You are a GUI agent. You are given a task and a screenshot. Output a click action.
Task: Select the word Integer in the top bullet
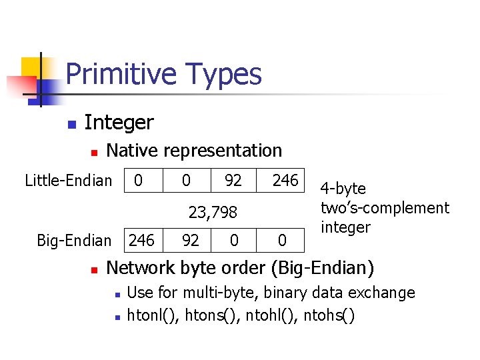tap(119, 123)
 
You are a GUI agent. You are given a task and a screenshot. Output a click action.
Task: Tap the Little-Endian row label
tap(68, 180)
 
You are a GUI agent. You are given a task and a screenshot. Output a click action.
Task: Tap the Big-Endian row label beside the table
tap(74, 240)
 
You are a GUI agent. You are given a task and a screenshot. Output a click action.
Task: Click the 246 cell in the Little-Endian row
tap(285, 180)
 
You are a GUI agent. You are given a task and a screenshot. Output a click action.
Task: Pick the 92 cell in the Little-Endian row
tap(233, 180)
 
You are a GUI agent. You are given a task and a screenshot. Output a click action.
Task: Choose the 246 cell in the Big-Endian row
tap(141, 240)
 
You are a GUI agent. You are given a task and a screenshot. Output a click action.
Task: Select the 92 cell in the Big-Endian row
tap(191, 240)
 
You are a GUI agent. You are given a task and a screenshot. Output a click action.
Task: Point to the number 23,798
tap(213, 213)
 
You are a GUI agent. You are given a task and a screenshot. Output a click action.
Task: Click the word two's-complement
tap(385, 208)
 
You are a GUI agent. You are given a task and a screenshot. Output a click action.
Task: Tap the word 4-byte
tap(343, 189)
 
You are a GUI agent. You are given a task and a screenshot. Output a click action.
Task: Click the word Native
tap(131, 151)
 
